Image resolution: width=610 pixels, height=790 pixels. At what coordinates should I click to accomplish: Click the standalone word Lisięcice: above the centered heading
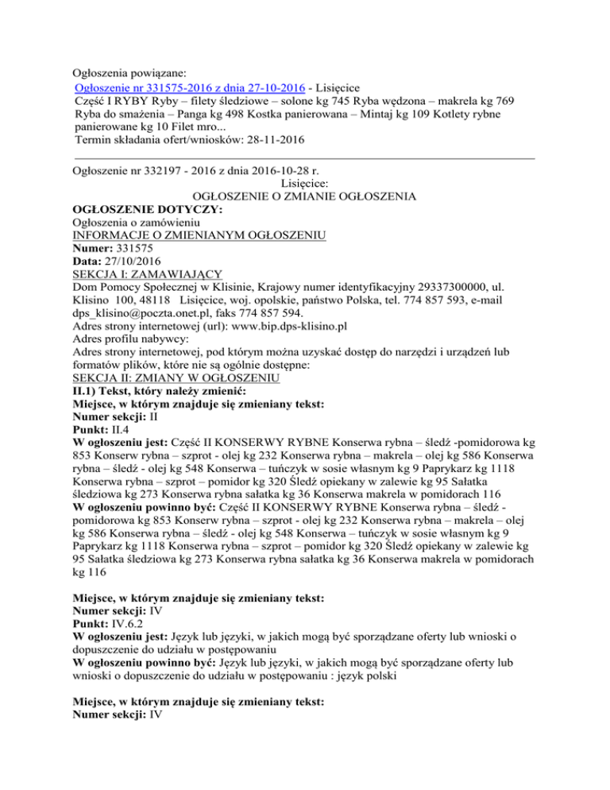click(305, 182)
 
